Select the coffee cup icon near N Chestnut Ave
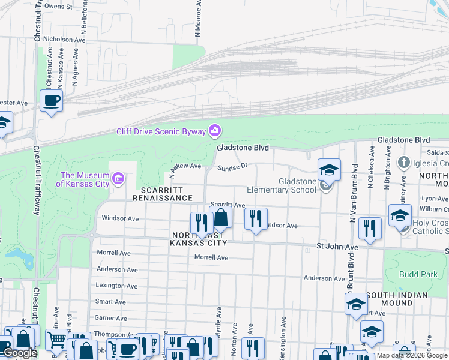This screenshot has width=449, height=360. [x=51, y=100]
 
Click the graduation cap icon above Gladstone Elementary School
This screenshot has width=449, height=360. [x=329, y=169]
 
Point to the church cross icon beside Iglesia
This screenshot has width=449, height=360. [x=404, y=163]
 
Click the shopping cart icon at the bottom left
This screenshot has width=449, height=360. [x=56, y=340]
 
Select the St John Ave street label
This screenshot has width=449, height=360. [x=337, y=247]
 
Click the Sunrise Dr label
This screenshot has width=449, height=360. [x=232, y=167]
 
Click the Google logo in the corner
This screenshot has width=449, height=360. [x=20, y=353]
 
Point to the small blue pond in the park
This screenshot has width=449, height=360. [x=28, y=259]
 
